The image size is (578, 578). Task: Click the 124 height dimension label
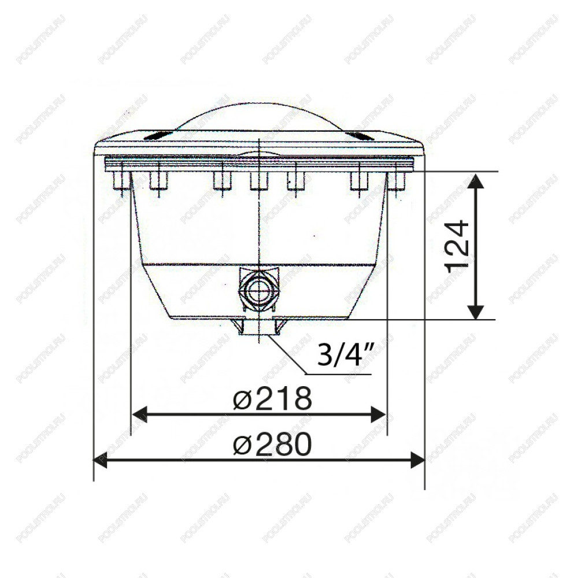(x=458, y=247)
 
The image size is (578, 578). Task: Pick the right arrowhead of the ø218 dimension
(x=379, y=414)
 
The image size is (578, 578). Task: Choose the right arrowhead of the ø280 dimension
(x=418, y=461)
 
